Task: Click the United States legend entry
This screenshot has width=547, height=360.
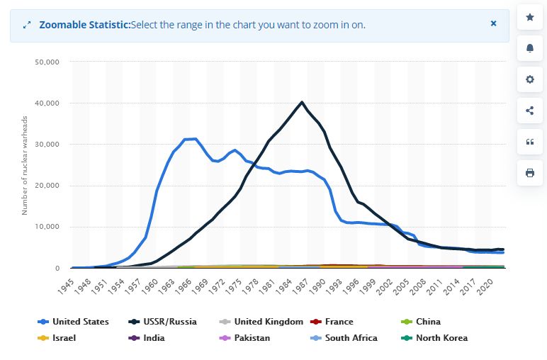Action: [79, 322]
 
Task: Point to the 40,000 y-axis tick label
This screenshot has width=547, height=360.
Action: [48, 103]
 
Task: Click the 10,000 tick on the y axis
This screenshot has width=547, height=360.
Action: [48, 227]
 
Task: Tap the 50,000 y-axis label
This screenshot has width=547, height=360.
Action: [48, 62]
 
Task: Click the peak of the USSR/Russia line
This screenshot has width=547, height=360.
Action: [303, 102]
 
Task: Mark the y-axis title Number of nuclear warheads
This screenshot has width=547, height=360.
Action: [26, 165]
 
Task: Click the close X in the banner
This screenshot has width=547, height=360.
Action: [493, 23]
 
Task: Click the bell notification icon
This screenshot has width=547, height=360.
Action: [529, 48]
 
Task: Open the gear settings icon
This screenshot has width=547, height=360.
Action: [529, 79]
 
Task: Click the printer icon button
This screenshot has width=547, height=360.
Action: [529, 172]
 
